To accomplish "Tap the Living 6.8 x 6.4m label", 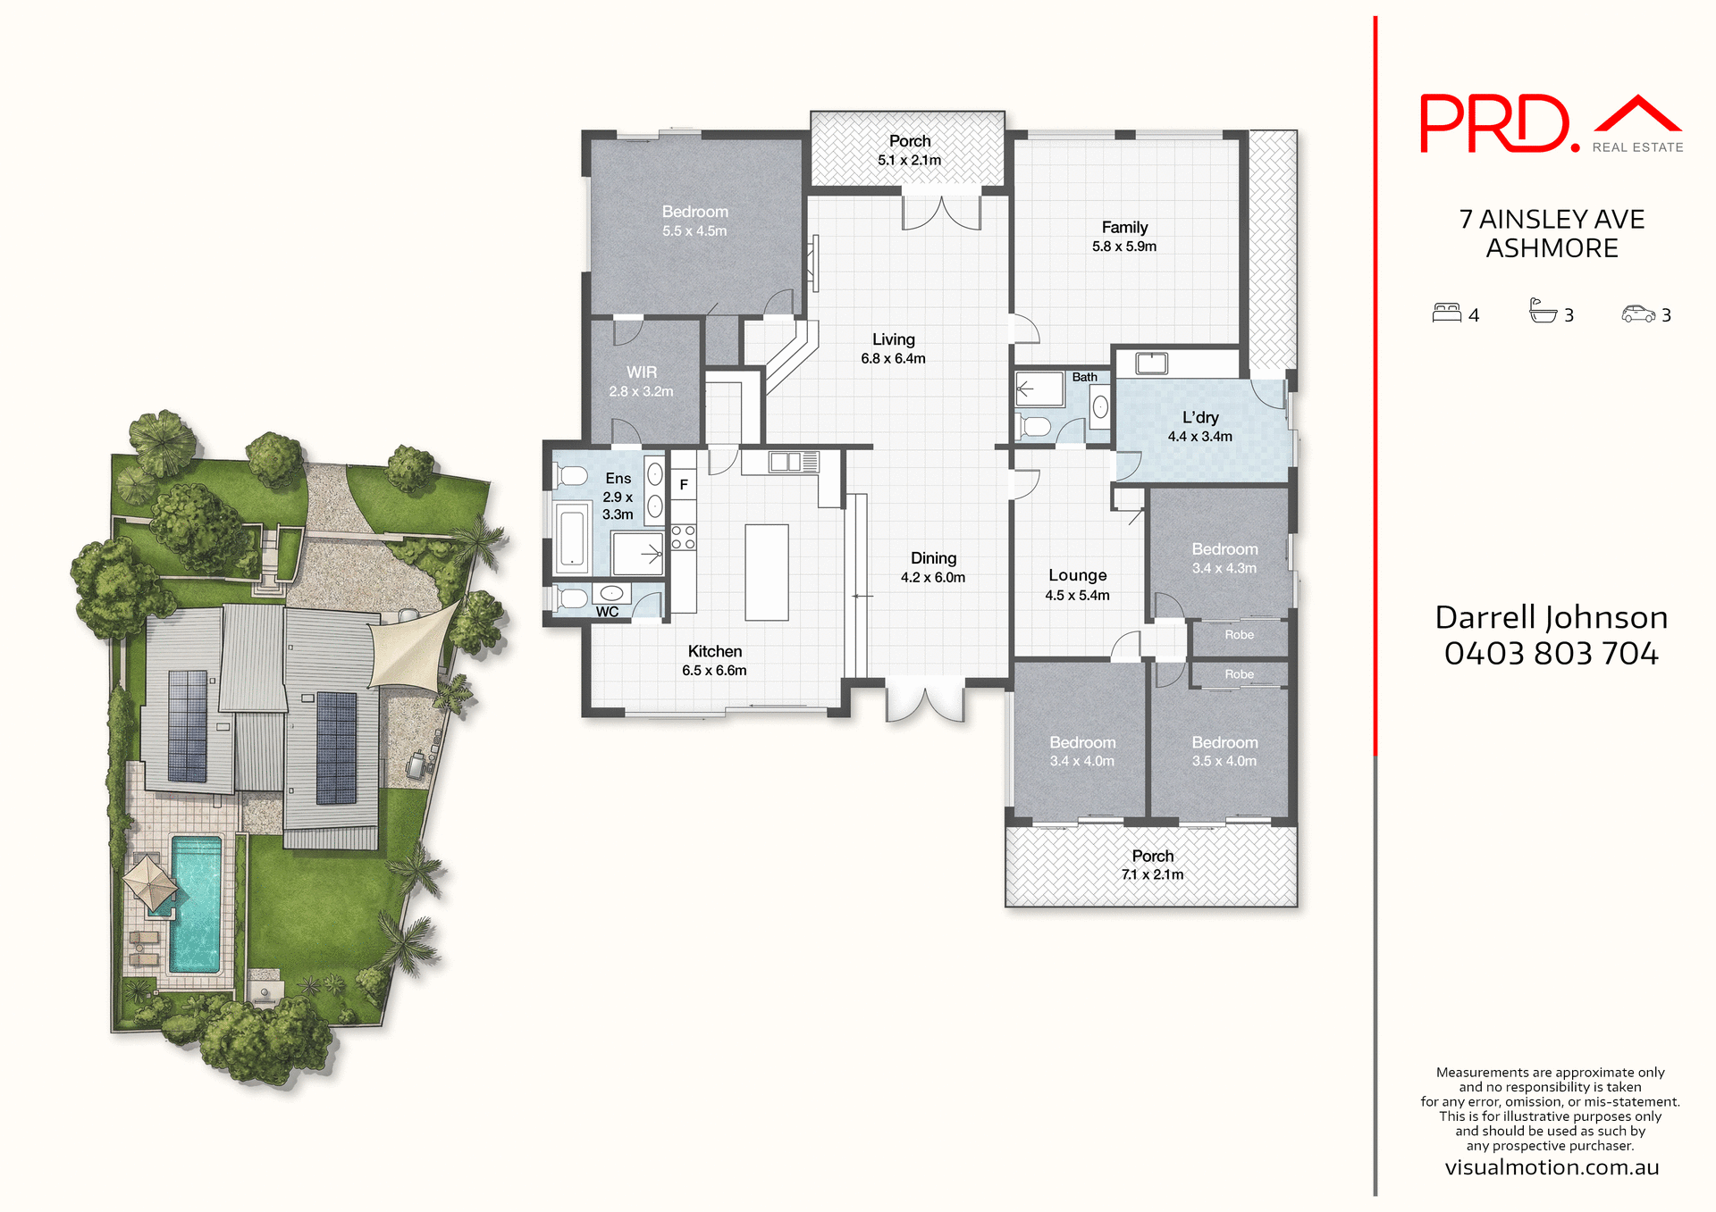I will (x=893, y=348).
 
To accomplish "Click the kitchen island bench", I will (x=766, y=572).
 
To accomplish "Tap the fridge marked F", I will (x=684, y=485).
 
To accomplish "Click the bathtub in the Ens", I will (x=571, y=536).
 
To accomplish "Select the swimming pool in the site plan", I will (x=196, y=902).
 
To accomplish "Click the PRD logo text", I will (x=1494, y=125).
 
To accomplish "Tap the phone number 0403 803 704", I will (x=1551, y=654).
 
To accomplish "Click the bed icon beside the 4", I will (x=1446, y=313).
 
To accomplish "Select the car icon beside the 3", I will (x=1638, y=313).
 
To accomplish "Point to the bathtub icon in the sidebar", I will (x=1543, y=311).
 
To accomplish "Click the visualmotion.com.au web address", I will (x=1552, y=1167).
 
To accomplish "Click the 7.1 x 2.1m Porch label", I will (x=1152, y=865).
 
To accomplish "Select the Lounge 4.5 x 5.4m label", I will (x=1077, y=584).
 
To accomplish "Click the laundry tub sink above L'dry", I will (x=1151, y=363).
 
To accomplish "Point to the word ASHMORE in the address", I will (x=1552, y=248).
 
